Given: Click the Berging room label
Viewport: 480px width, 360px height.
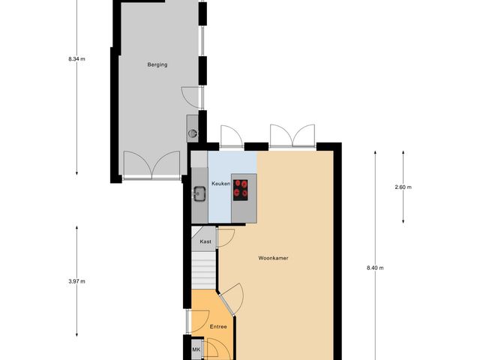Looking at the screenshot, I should tap(157, 65).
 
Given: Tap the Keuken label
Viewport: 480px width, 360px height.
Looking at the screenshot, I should tap(220, 184).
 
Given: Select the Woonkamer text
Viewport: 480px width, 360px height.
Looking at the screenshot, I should tap(274, 258).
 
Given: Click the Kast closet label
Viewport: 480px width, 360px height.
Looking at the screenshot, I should tap(204, 241).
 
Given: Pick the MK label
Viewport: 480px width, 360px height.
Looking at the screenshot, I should tap(196, 350).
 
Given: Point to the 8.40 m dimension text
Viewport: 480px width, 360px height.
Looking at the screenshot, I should tap(375, 268).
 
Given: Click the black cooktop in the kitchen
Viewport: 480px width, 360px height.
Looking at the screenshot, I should tap(241, 188).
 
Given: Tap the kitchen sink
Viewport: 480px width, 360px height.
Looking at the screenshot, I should tap(199, 194).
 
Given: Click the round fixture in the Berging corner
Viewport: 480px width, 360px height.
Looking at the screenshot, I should tap(193, 133).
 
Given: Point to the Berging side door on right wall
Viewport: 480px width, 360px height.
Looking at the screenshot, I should tap(193, 96).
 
